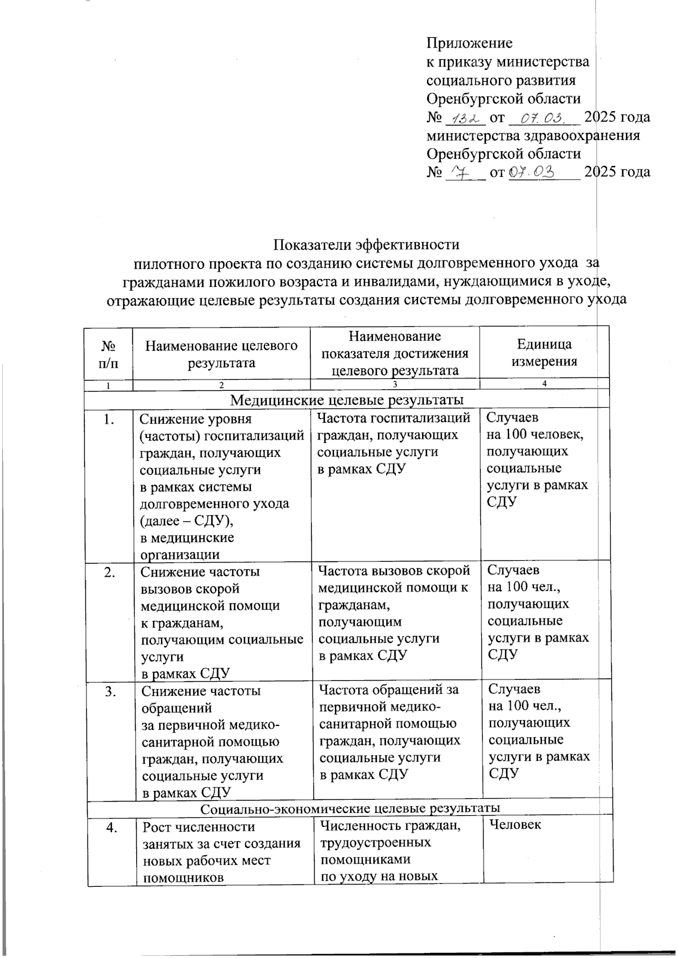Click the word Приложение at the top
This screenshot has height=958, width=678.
point(469,43)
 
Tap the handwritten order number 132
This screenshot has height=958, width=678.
point(465,117)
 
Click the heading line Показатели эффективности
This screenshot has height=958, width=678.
point(366,245)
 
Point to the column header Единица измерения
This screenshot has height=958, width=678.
point(544,352)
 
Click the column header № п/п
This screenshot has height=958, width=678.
point(108,354)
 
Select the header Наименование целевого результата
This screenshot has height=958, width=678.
point(221,354)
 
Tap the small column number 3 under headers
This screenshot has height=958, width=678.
point(394,385)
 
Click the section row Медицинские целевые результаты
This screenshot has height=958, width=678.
point(347,400)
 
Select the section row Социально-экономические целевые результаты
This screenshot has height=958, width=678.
point(350,808)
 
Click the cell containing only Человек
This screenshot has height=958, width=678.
point(515,825)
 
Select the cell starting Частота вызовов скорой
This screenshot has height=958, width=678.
point(394,613)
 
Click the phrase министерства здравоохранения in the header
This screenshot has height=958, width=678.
point(533,136)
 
